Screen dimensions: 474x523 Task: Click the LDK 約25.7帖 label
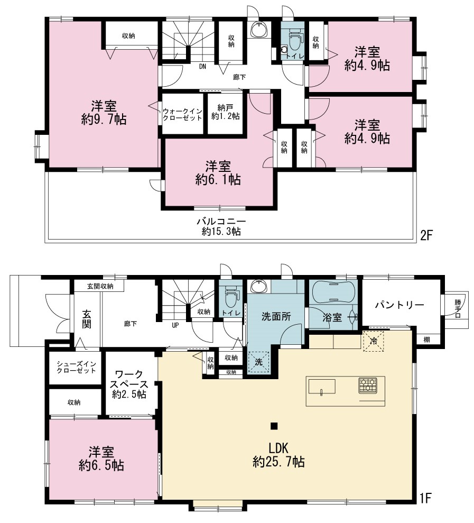pyautogui.click(x=278, y=455)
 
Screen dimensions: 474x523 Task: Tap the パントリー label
pyautogui.click(x=399, y=305)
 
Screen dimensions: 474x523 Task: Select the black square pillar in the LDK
pyautogui.click(x=274, y=426)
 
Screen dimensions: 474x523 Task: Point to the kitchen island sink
pyautogui.click(x=322, y=387)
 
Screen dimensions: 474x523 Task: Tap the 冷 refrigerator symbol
pyautogui.click(x=373, y=341)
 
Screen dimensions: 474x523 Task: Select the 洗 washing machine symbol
pyautogui.click(x=258, y=362)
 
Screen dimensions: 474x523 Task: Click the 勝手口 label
pyautogui.click(x=458, y=308)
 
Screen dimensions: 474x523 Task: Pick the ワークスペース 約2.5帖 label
pyautogui.click(x=129, y=384)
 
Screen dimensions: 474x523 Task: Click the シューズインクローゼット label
pyautogui.click(x=76, y=367)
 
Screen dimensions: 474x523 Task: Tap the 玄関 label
pyautogui.click(x=87, y=319)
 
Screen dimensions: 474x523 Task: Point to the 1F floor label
pyautogui.click(x=425, y=498)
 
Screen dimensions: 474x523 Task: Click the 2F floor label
pyautogui.click(x=426, y=236)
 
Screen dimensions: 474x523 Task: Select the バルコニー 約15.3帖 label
pyautogui.click(x=221, y=226)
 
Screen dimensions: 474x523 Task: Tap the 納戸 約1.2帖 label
pyautogui.click(x=225, y=112)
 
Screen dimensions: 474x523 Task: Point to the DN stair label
pyautogui.click(x=203, y=67)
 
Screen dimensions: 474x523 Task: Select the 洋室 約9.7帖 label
pyautogui.click(x=104, y=113)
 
